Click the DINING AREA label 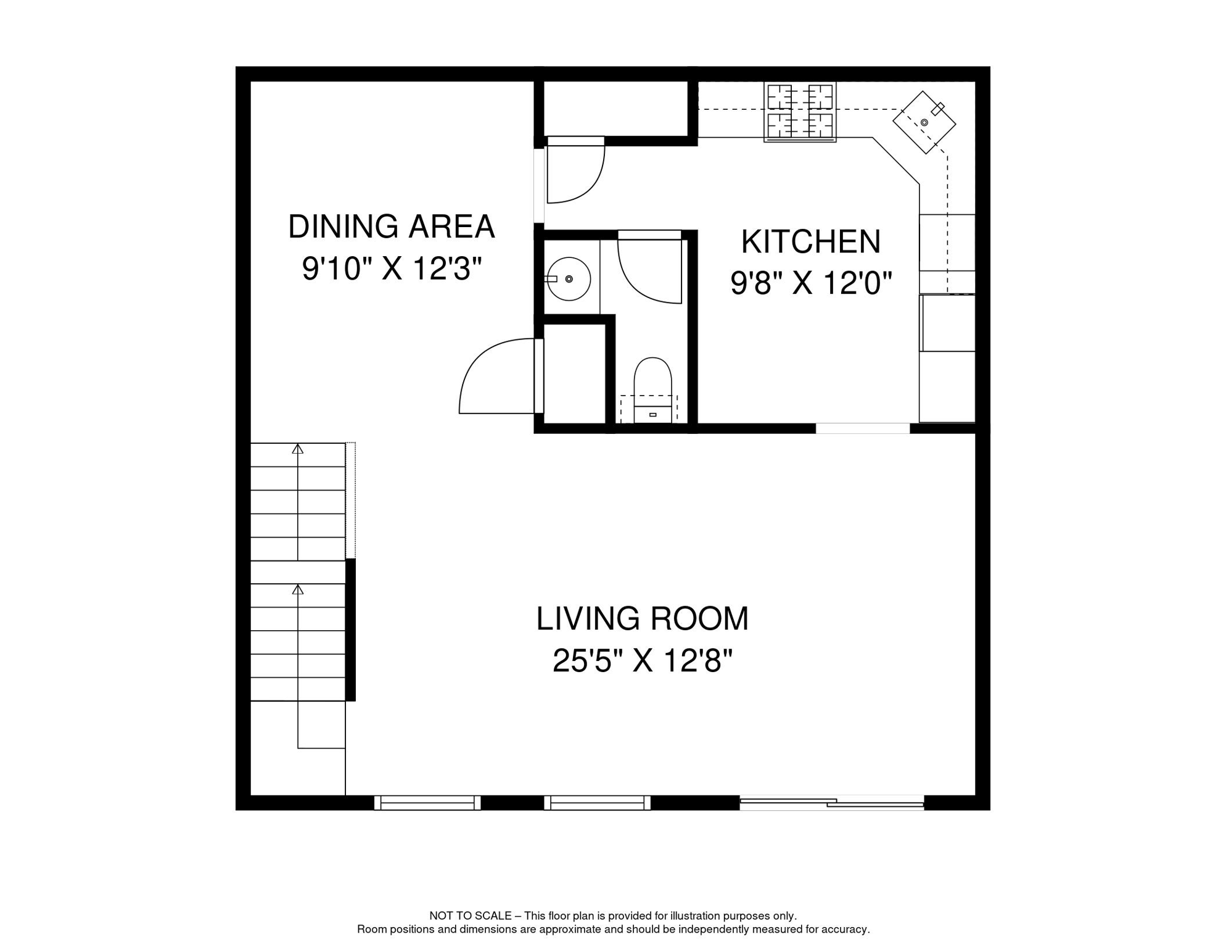click(x=391, y=227)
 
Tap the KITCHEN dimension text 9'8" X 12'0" click(x=811, y=283)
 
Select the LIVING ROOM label click(x=642, y=618)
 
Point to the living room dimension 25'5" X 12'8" click(x=642, y=661)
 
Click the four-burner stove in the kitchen click(x=800, y=112)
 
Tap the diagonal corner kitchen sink click(x=924, y=122)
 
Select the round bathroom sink click(x=568, y=279)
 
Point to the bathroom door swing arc click(x=648, y=272)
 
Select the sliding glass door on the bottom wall click(x=831, y=803)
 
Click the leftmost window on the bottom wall click(x=427, y=803)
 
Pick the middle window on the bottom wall click(x=597, y=803)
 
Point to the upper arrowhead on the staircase click(x=298, y=449)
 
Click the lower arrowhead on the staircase click(x=298, y=590)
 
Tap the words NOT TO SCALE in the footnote click(x=470, y=916)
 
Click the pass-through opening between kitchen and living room click(x=862, y=428)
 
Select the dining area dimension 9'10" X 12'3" click(x=391, y=269)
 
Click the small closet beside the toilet click(x=574, y=373)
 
